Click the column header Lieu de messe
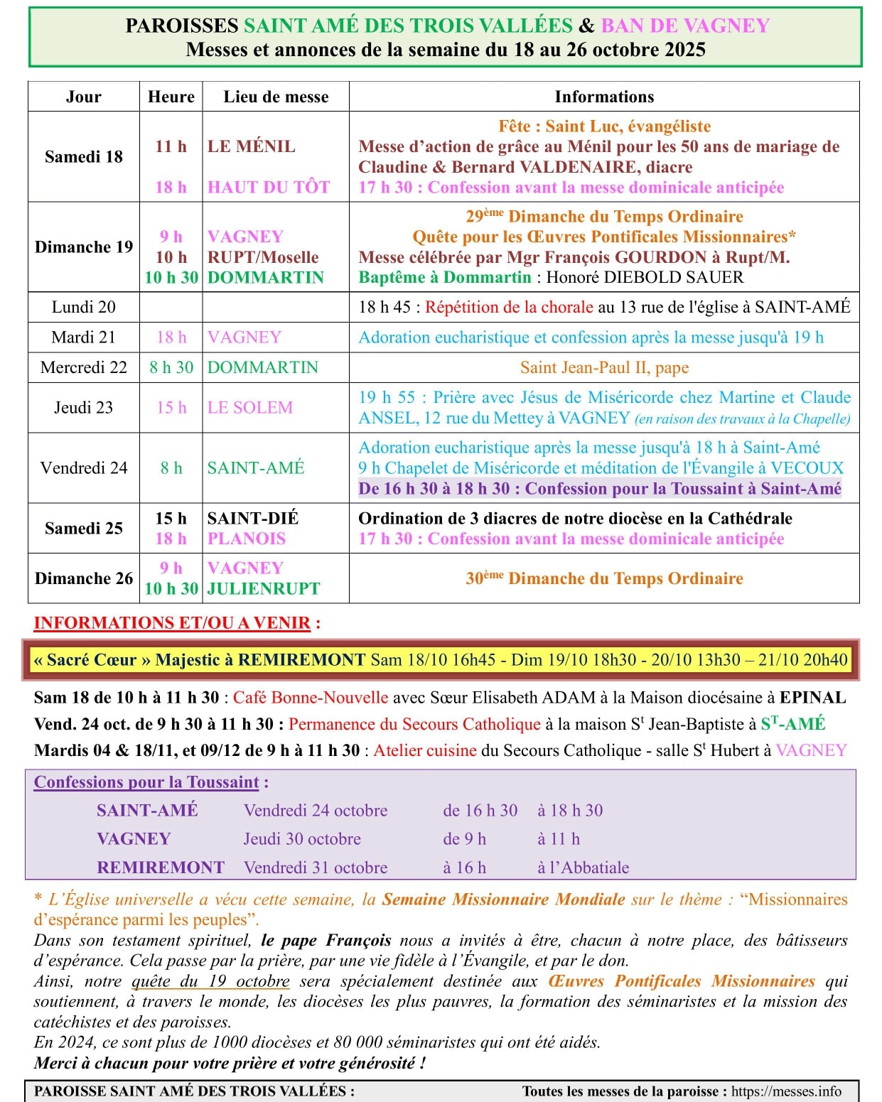[276, 97]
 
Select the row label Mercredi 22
[83, 367]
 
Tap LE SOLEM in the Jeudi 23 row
[249, 408]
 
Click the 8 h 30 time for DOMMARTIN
[171, 367]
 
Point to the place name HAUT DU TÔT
[268, 188]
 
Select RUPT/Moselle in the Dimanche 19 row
[262, 257]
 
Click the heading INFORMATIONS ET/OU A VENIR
[173, 623]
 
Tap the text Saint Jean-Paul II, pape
[604, 367]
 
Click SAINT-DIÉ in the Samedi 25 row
[252, 519]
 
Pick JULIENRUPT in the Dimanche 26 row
[263, 589]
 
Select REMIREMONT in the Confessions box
[161, 868]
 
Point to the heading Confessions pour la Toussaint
[146, 782]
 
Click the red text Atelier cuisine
[425, 751]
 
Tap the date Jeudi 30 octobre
[302, 839]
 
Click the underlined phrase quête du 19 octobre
[210, 981]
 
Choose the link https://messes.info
[786, 1091]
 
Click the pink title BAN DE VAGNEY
[685, 26]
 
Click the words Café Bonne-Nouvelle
[311, 698]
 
